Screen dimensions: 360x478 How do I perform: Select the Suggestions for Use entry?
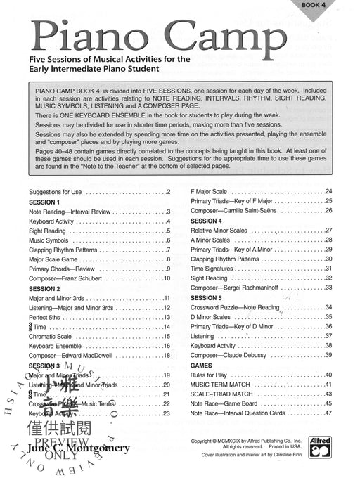click(x=58, y=192)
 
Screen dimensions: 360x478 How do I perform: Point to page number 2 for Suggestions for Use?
click(x=168, y=192)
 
